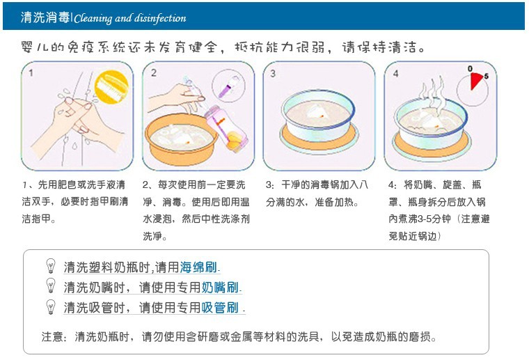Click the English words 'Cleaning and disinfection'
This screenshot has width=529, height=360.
click(130, 18)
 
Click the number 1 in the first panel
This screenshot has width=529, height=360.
click(31, 73)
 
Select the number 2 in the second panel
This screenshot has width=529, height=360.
click(154, 73)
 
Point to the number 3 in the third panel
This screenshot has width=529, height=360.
click(273, 73)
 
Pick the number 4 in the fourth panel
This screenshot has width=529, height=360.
click(395, 73)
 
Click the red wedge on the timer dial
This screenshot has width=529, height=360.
click(476, 81)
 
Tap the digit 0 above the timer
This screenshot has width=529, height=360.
click(470, 68)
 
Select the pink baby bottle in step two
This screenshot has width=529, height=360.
click(227, 127)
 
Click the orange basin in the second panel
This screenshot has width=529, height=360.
click(181, 139)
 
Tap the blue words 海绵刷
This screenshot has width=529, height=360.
click(198, 267)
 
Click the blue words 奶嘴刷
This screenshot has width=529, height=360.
click(220, 288)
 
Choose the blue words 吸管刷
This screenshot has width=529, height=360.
click(220, 308)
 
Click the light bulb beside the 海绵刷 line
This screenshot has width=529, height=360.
click(51, 266)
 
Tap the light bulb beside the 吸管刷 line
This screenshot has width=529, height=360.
click(51, 306)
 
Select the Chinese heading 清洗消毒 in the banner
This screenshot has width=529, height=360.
click(45, 17)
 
